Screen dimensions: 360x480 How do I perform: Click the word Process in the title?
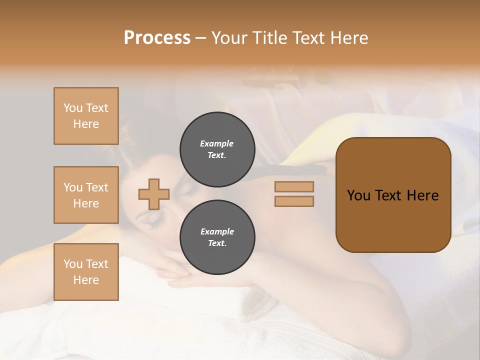tap(157, 38)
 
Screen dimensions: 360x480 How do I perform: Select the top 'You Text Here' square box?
tap(86, 116)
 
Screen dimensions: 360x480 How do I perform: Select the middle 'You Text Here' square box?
tap(86, 195)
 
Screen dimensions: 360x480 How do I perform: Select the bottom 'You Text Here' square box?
tap(86, 272)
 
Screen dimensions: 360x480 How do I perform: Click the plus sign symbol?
tap(154, 194)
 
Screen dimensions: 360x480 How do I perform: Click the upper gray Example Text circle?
tap(217, 149)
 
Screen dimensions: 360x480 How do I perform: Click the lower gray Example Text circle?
tap(217, 237)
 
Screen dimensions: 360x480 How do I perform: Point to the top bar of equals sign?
tap(294, 186)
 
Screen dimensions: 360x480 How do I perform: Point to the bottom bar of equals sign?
tap(294, 201)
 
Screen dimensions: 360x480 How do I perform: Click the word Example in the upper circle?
tap(217, 143)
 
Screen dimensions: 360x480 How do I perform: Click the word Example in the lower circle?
tap(217, 231)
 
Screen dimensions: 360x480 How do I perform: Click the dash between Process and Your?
tap(200, 38)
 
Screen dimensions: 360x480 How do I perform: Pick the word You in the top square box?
tap(73, 108)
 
